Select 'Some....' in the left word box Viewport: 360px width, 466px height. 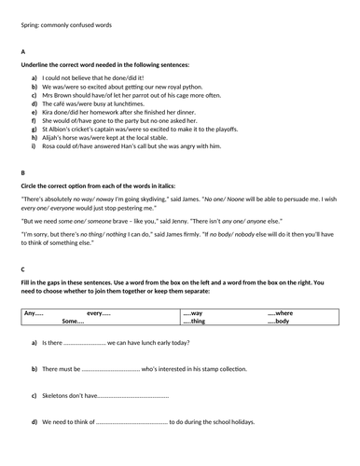73,322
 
